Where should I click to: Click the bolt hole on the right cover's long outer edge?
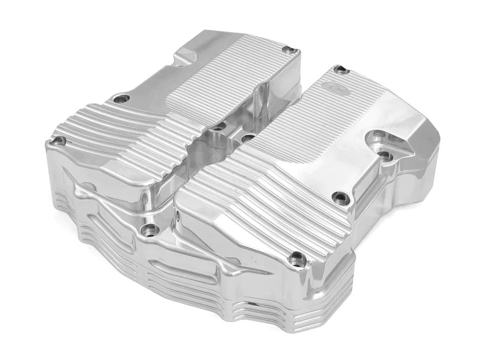pyautogui.click(x=339, y=195)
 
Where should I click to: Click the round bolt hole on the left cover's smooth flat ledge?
pyautogui.click(x=121, y=98)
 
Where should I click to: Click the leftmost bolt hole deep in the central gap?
pyautogui.click(x=219, y=126)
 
